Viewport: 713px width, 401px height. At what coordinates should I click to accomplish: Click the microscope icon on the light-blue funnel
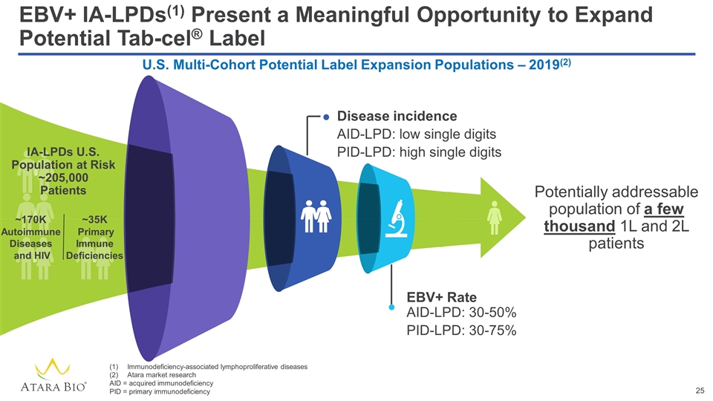398,215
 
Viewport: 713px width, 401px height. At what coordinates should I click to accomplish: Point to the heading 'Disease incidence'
397,116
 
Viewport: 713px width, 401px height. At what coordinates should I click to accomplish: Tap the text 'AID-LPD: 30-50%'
461,312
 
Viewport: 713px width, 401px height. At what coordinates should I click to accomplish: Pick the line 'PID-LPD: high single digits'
420,152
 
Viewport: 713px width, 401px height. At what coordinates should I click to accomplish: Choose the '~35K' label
94,220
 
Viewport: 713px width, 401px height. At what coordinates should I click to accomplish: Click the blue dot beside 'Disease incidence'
327,117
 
